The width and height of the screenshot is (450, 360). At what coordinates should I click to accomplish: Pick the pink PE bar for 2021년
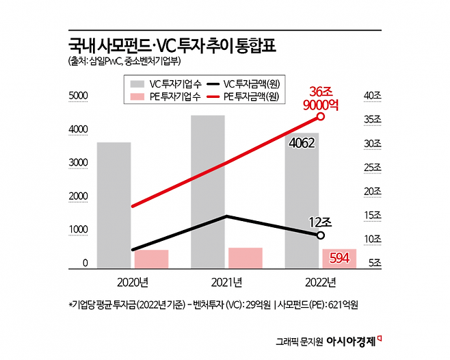(246, 257)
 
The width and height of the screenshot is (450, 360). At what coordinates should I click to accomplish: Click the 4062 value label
(302, 143)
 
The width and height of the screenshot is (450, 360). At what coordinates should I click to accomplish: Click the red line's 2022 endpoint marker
(321, 116)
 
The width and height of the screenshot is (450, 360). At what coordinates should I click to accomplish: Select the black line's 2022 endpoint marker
(321, 235)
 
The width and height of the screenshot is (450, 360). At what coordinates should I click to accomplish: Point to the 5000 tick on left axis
(79, 97)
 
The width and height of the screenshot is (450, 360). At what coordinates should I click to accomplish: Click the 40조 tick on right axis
(373, 96)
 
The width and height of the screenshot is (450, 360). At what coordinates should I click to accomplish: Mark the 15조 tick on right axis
(373, 216)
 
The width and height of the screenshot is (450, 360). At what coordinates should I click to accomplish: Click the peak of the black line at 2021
(226, 216)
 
